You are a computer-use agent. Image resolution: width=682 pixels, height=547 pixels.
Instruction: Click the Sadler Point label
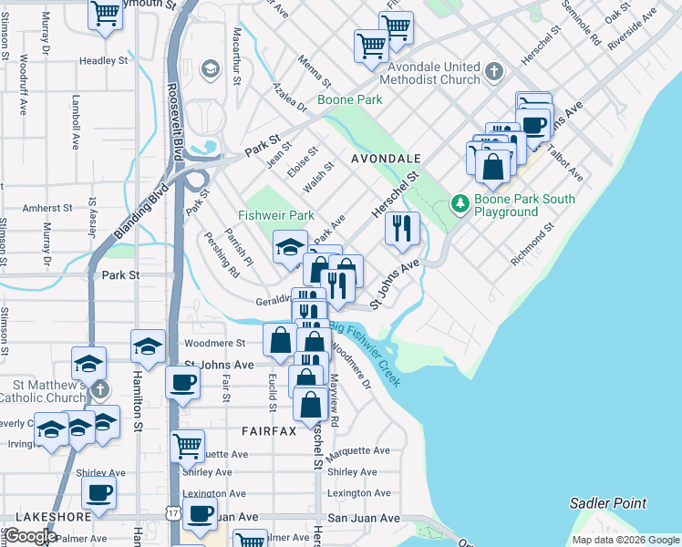[607, 502]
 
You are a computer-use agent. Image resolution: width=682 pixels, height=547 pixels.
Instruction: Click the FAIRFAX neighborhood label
[269, 430]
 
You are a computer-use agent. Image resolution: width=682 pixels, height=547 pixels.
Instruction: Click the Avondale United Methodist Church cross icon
[493, 71]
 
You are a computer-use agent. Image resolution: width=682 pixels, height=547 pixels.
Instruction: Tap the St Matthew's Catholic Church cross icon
[100, 389]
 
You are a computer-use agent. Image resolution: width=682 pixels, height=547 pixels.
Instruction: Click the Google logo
[29, 535]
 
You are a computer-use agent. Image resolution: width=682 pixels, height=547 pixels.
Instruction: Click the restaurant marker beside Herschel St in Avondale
[402, 228]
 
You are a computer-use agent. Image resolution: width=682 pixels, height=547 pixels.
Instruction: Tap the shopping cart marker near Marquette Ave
[187, 446]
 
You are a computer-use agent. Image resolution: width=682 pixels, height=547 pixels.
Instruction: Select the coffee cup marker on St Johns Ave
[182, 382]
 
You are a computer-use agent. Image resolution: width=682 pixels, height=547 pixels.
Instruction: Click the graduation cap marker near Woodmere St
[148, 346]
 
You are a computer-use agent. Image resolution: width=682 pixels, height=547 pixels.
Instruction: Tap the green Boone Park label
[349, 100]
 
